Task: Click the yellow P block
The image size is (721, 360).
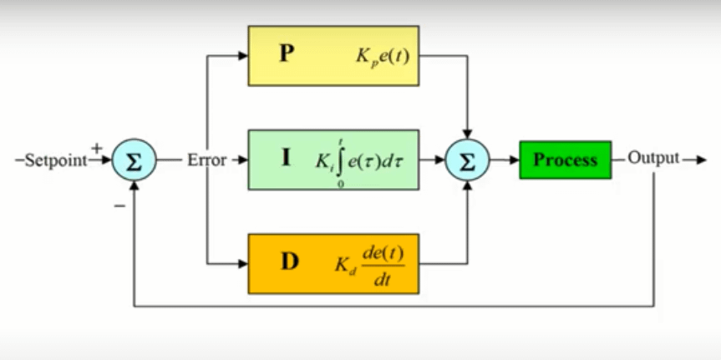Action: click(x=333, y=56)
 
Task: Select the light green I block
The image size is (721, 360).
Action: click(x=333, y=160)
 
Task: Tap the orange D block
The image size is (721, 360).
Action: click(x=333, y=263)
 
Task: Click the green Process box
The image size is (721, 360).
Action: click(x=566, y=160)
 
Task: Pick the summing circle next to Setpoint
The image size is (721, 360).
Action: click(x=134, y=161)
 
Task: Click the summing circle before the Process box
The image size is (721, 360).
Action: click(x=467, y=161)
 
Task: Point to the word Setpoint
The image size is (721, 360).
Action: click(x=55, y=160)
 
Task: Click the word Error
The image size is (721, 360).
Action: click(x=206, y=160)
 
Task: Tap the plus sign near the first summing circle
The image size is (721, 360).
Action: click(x=97, y=148)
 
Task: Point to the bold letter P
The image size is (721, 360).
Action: click(x=287, y=56)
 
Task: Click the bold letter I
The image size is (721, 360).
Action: click(x=286, y=159)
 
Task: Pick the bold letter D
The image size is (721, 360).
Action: click(x=288, y=262)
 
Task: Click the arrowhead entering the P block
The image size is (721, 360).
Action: click(x=243, y=56)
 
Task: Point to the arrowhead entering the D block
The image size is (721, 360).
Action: click(x=243, y=263)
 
